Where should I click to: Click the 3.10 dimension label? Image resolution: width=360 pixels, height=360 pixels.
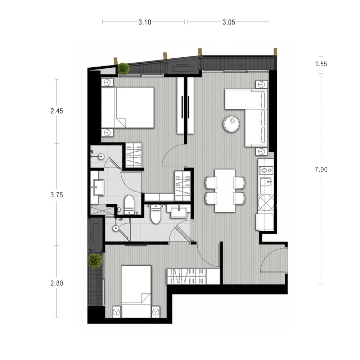coord(145,22)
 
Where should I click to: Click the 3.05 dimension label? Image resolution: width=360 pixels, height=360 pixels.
coord(229,22)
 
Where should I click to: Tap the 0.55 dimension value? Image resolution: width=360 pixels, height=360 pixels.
coord(321,64)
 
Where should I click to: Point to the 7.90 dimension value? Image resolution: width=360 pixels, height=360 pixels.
coord(321,170)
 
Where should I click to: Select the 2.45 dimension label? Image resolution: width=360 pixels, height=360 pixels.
coord(57,111)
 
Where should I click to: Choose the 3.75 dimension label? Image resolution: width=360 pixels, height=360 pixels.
coord(57,195)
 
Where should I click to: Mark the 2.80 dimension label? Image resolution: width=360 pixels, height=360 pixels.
coord(57,283)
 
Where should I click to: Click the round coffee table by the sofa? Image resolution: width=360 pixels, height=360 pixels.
coord(231,124)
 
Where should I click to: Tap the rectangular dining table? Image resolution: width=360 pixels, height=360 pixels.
coord(225,190)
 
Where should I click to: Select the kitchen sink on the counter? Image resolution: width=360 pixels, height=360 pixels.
coord(266,181)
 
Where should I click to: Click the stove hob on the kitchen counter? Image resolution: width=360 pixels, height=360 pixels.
coord(266,170)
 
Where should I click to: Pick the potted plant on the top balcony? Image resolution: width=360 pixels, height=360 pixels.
coord(123,68)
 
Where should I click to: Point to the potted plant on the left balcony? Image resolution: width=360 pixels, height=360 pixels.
coord(95,261)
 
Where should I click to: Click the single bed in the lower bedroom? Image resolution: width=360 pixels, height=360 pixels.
coord(136,292)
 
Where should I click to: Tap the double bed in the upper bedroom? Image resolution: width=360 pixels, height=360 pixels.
coord(127,107)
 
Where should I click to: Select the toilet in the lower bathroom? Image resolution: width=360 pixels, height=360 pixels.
coord(156,214)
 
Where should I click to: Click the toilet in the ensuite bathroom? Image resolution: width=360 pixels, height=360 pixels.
coord(129,205)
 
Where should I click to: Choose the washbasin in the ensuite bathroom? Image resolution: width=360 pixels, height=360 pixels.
coord(98,188)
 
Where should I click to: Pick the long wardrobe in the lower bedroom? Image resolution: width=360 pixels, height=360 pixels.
coord(193,276)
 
